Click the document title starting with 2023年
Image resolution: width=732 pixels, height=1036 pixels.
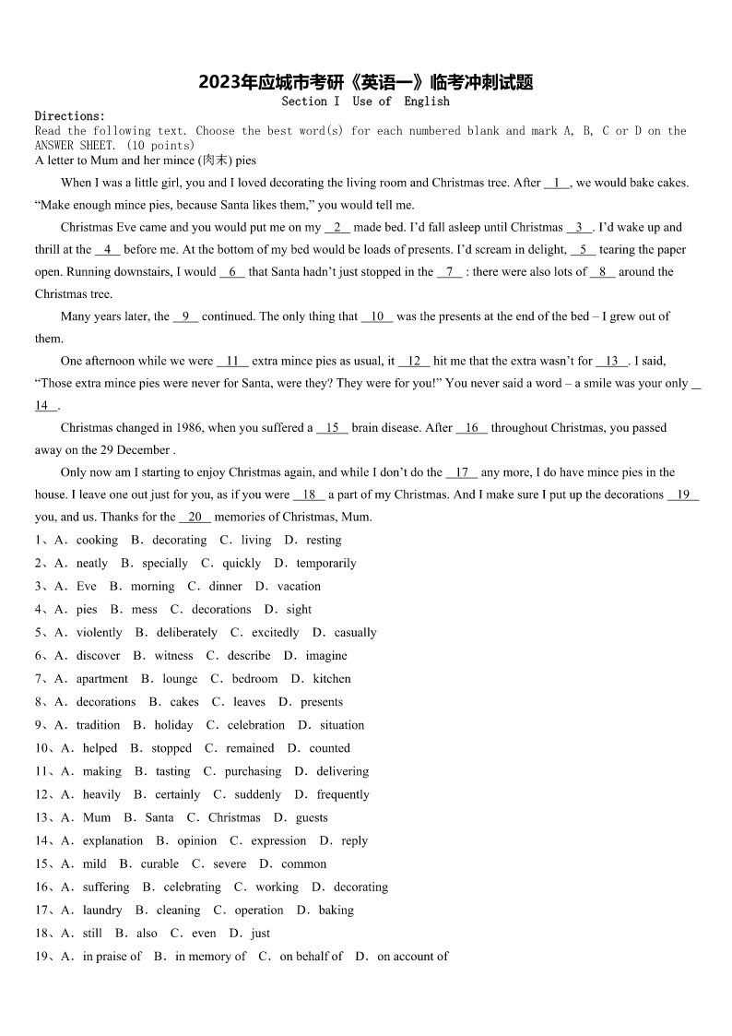[366, 82]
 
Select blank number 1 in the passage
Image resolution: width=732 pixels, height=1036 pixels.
[558, 183]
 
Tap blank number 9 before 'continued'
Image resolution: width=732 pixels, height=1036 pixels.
[185, 316]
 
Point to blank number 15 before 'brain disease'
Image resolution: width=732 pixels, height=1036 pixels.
[332, 428]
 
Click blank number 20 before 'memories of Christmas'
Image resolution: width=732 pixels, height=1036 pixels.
[195, 518]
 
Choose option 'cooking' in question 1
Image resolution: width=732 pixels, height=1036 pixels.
[97, 541]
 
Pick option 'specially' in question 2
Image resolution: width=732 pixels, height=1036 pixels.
[165, 564]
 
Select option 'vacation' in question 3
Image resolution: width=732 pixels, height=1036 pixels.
[299, 587]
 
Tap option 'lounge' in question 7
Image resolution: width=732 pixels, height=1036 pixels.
[180, 679]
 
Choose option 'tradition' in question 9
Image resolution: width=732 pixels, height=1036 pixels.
[98, 725]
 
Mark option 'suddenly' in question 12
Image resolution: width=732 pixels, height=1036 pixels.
[258, 794]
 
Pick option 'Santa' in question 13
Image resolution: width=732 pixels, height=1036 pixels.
[159, 817]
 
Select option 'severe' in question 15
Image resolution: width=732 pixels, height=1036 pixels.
[230, 864]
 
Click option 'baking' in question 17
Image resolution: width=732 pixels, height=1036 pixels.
[336, 911]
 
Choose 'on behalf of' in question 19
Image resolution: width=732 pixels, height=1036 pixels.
[311, 957]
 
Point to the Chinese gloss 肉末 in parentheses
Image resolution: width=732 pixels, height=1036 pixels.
[217, 161]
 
